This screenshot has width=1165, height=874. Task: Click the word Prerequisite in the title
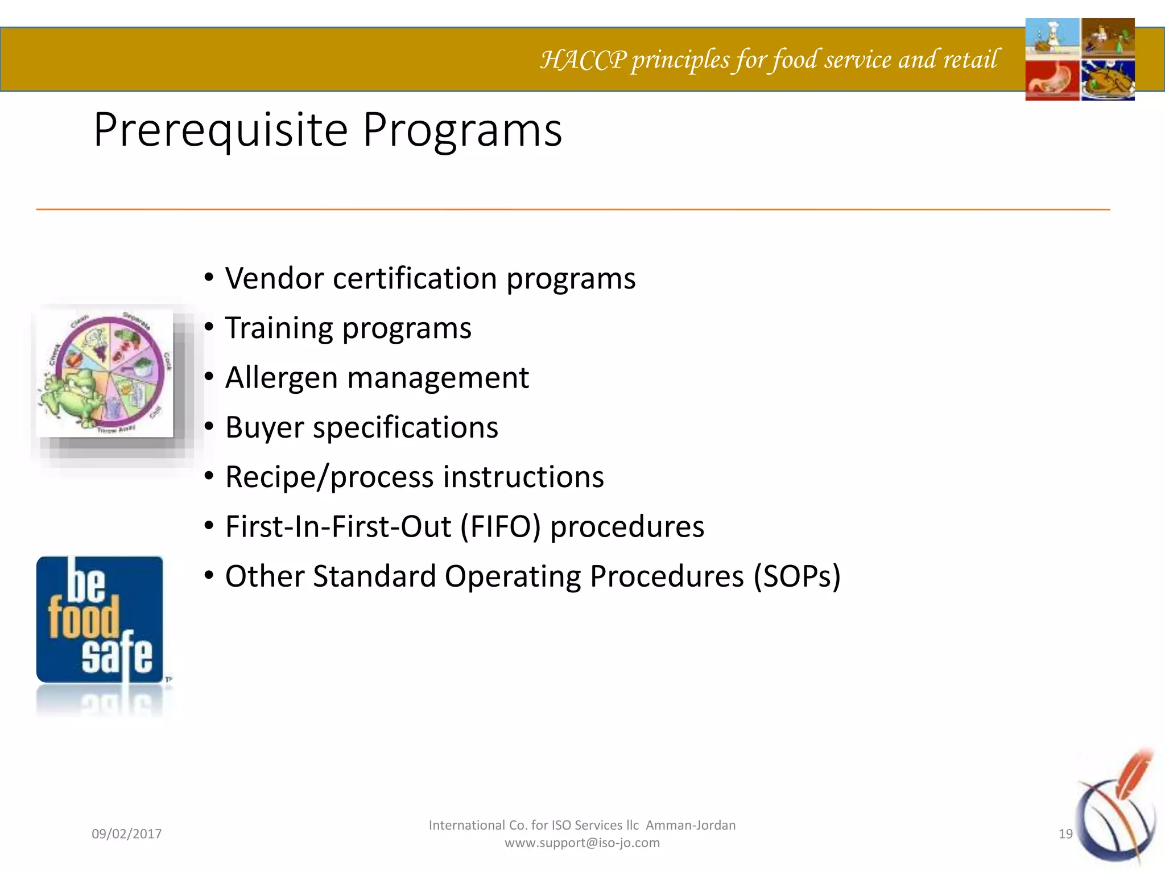(x=221, y=131)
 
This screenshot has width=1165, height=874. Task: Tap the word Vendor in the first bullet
(x=275, y=279)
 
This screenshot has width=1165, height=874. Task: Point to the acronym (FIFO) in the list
(x=501, y=527)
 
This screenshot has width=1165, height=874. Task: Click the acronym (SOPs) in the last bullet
(x=797, y=576)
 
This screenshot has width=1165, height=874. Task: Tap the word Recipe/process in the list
(x=329, y=477)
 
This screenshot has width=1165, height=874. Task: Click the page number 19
(x=1065, y=834)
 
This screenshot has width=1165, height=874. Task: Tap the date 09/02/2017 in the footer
(x=127, y=834)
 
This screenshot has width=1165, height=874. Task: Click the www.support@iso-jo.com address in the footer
(x=582, y=843)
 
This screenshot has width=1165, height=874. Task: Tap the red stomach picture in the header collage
(x=1052, y=80)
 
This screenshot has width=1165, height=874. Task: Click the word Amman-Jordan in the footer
(x=691, y=825)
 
